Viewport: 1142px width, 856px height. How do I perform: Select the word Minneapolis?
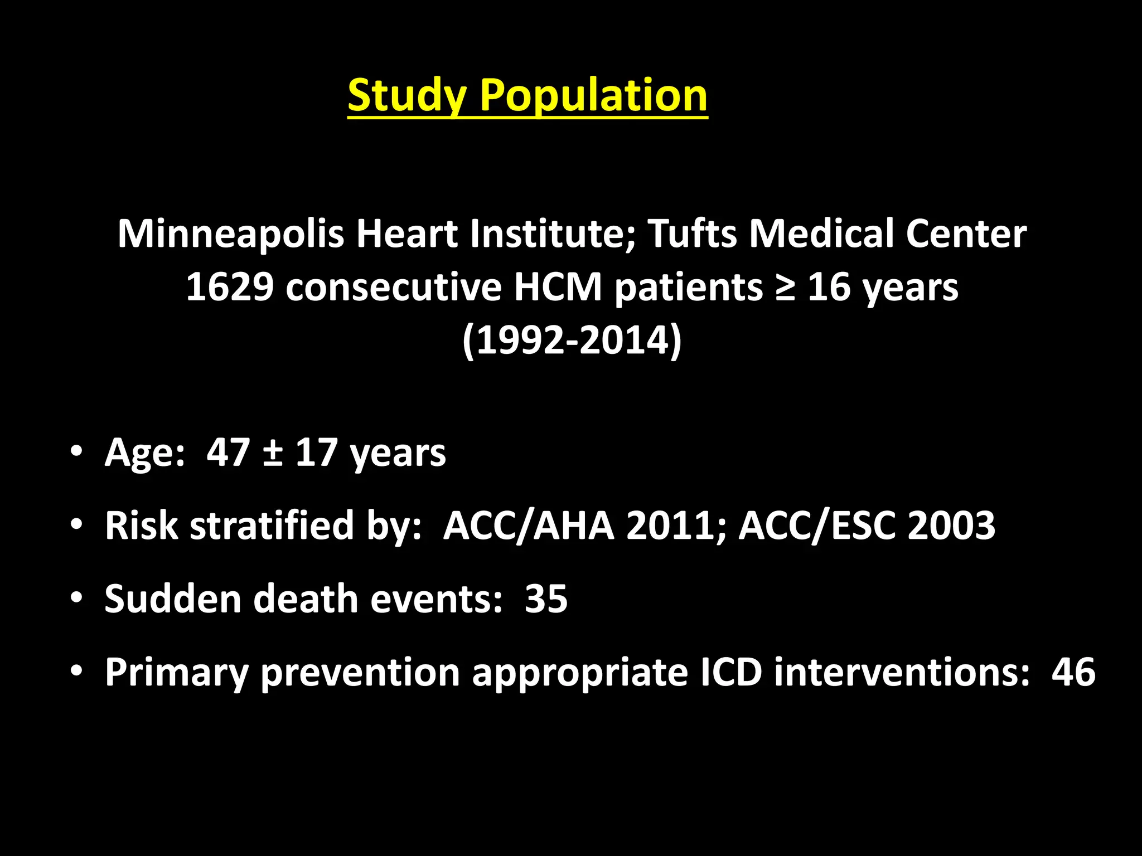point(230,234)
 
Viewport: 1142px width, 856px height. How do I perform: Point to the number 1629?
point(230,288)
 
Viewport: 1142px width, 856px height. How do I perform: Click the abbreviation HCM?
point(558,288)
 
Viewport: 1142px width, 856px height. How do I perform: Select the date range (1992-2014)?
point(572,340)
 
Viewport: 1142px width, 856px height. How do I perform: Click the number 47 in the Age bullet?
point(228,452)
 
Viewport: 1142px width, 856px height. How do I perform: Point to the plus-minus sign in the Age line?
point(272,453)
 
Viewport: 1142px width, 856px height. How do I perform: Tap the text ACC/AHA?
point(528,526)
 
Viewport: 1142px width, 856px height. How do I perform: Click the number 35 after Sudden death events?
point(546,599)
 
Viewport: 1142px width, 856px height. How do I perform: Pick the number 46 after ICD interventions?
point(1073,672)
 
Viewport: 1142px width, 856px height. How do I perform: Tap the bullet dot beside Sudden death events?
point(76,597)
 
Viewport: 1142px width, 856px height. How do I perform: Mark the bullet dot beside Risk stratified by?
point(76,524)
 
